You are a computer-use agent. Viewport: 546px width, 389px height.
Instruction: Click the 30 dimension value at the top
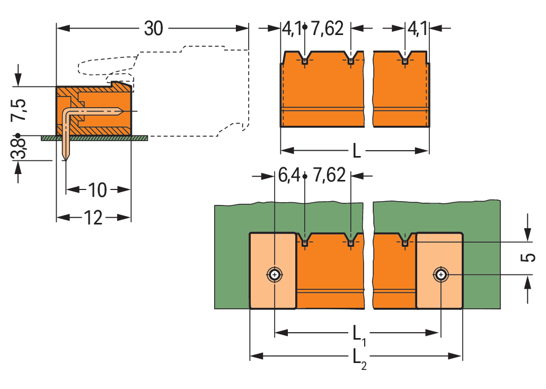click(x=154, y=28)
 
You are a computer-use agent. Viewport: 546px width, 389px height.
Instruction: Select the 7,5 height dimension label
click(x=19, y=110)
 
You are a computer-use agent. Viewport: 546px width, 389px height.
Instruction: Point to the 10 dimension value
click(x=97, y=190)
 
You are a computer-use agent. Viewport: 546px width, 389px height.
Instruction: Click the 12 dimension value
click(x=93, y=218)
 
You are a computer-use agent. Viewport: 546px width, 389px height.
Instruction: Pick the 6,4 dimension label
click(x=289, y=175)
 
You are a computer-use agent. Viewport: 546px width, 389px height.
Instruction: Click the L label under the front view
click(x=357, y=151)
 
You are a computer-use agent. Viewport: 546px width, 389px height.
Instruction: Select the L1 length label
click(x=359, y=335)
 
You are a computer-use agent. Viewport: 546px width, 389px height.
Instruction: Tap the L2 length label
click(x=359, y=359)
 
